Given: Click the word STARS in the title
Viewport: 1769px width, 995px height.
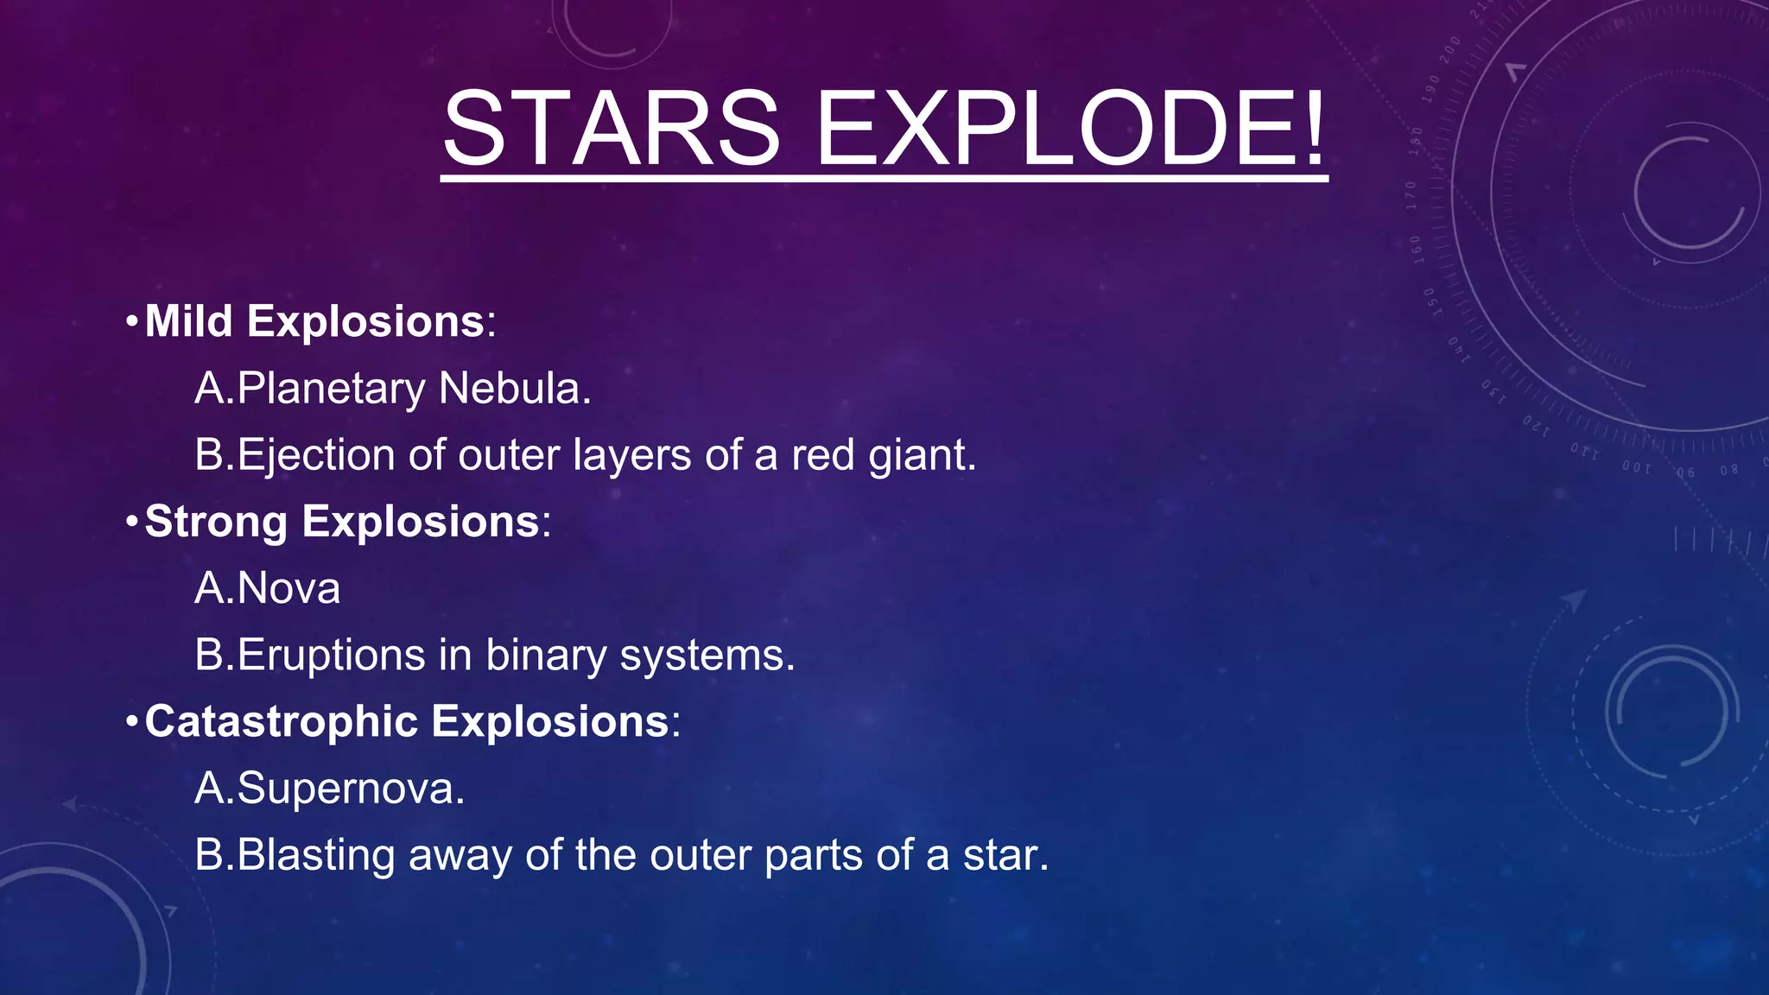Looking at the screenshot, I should tap(612, 130).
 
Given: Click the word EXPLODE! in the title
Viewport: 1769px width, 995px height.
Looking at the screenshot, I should tap(1069, 130).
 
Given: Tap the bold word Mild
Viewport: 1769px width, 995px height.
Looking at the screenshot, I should tap(189, 321).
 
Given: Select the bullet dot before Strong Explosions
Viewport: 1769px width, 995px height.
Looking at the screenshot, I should tap(131, 522).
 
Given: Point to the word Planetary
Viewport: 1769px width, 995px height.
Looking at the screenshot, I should tap(330, 389).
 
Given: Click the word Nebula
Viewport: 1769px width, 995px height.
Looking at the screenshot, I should tap(515, 389).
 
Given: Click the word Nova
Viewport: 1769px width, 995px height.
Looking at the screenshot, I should tap(288, 589).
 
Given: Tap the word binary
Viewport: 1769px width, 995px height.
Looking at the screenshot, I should tap(547, 656).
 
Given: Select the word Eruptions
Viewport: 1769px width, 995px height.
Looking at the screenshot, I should tap(331, 656).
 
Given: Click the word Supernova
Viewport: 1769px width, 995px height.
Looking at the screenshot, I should tap(350, 789).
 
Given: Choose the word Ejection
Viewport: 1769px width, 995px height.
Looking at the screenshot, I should tap(315, 455).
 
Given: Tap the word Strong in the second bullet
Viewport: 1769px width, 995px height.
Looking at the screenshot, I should tap(216, 522).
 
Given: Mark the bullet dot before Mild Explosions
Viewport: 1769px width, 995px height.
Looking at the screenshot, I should tap(131, 322).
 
